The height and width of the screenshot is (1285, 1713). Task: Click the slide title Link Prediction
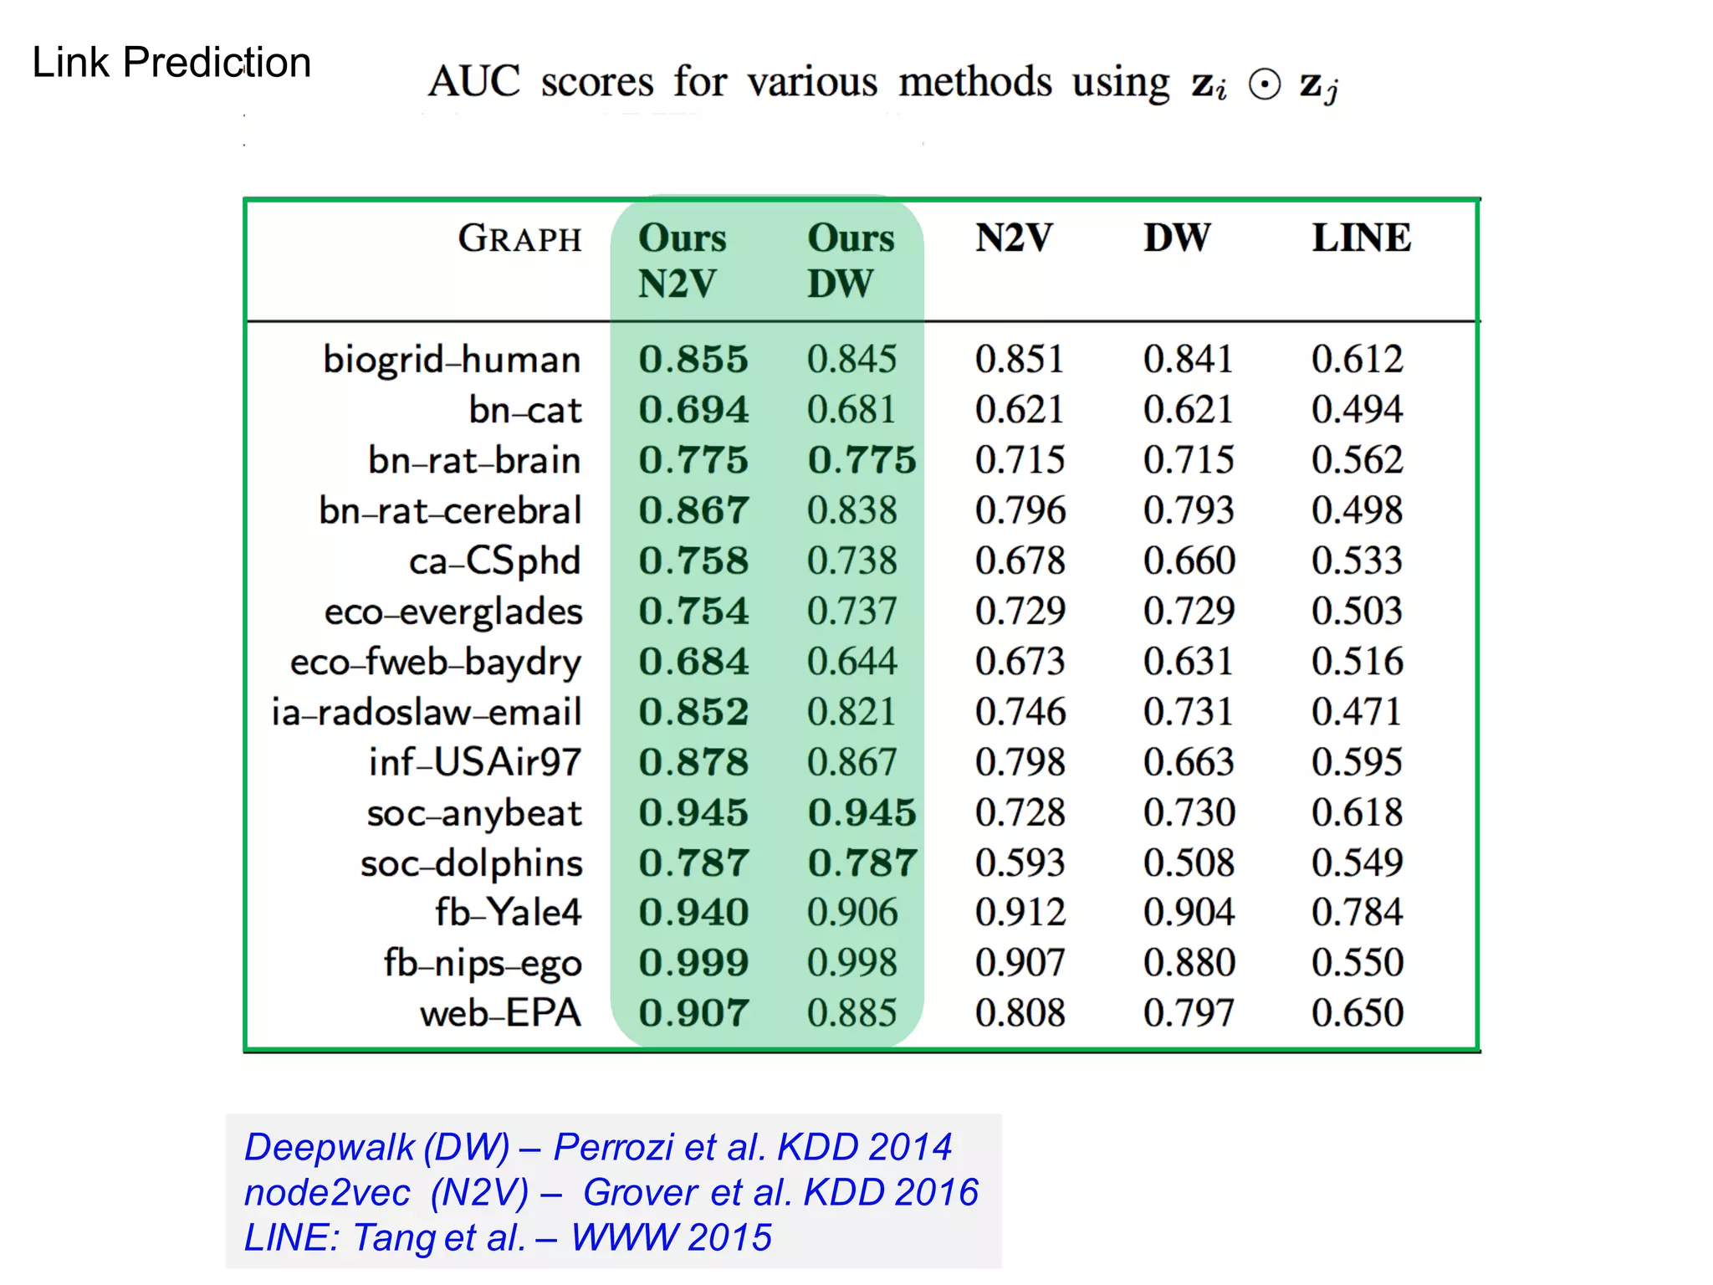pyautogui.click(x=171, y=63)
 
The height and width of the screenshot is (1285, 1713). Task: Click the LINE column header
pyautogui.click(x=1361, y=238)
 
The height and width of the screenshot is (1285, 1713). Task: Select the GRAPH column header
pyautogui.click(x=519, y=238)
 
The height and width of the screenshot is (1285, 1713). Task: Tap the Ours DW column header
pyautogui.click(x=851, y=260)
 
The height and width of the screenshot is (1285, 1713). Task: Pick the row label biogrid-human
pyautogui.click(x=452, y=360)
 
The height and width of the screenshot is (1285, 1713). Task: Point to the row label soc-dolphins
pyautogui.click(x=471, y=863)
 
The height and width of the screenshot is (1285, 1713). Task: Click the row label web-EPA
pyautogui.click(x=500, y=1014)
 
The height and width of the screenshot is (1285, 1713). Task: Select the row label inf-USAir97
pyautogui.click(x=474, y=762)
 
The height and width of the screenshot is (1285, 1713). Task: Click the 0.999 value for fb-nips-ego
pyautogui.click(x=693, y=963)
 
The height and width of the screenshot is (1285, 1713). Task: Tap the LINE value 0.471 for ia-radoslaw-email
pyautogui.click(x=1357, y=712)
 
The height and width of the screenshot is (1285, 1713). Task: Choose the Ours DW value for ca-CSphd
pyautogui.click(x=851, y=561)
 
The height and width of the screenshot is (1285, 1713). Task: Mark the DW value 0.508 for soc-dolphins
pyautogui.click(x=1189, y=863)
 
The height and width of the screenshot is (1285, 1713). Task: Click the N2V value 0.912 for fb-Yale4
pyautogui.click(x=1020, y=913)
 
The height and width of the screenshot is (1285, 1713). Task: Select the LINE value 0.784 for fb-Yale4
pyautogui.click(x=1357, y=913)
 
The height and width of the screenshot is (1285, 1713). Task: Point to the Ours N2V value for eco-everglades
pyautogui.click(x=693, y=611)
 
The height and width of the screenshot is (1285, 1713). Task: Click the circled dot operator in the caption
pyautogui.click(x=1264, y=84)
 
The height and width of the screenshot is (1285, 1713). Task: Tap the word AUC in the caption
pyautogui.click(x=474, y=82)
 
